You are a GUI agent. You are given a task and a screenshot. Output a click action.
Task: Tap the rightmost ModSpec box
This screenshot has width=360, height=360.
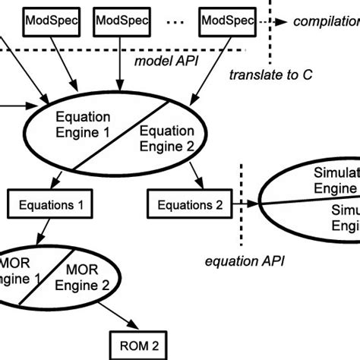pyautogui.click(x=226, y=21)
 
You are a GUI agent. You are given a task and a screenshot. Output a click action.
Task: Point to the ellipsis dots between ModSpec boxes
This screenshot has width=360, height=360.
pyautogui.click(x=172, y=22)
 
